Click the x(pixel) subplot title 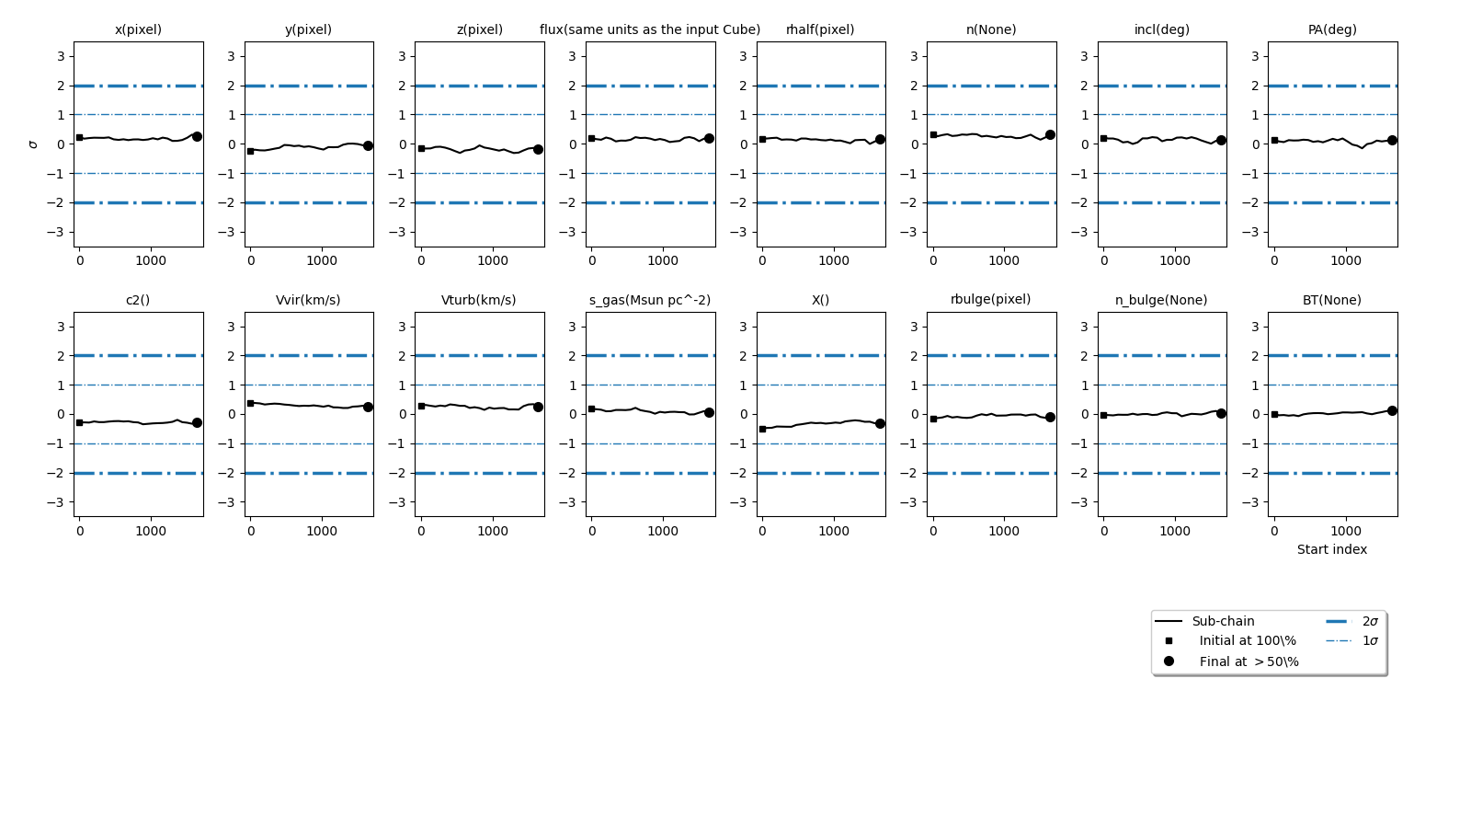point(138,29)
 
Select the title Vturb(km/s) point(478,300)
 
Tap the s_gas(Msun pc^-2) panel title point(649,300)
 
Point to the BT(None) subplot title point(1331,300)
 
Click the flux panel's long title point(649,29)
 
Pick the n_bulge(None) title point(1161,300)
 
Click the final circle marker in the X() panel point(880,423)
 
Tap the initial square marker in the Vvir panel point(250,403)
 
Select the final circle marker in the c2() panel point(197,422)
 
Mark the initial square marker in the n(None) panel point(933,134)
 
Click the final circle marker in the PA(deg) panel point(1392,140)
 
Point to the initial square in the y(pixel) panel point(250,151)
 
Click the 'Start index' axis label point(1331,549)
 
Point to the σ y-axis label point(33,144)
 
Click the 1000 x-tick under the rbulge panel point(1004,531)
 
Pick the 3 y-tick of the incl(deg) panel point(1085,56)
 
